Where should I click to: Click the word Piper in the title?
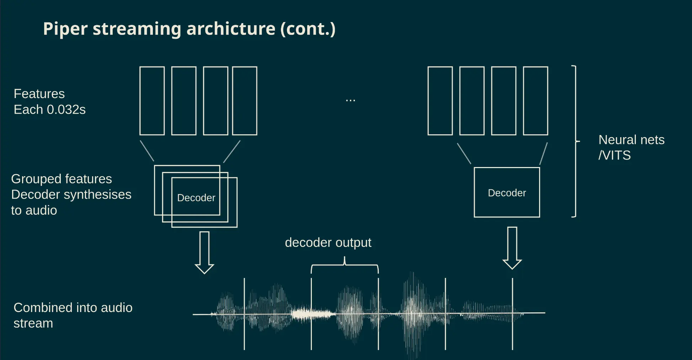65,29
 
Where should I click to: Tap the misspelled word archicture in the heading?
231,28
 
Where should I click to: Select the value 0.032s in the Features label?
66,109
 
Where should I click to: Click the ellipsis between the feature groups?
350,101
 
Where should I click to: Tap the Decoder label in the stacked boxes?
196,198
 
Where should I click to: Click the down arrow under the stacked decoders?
204,253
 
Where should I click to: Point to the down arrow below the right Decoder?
512,248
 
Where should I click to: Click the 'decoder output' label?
328,242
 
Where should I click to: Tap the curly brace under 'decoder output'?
345,265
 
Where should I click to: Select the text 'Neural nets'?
631,140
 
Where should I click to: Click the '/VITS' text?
614,155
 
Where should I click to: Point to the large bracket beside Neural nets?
575,141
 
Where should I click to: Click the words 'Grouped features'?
62,179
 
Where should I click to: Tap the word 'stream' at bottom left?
33,323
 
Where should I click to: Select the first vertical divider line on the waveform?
244,314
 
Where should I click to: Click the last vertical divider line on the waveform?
512,314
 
